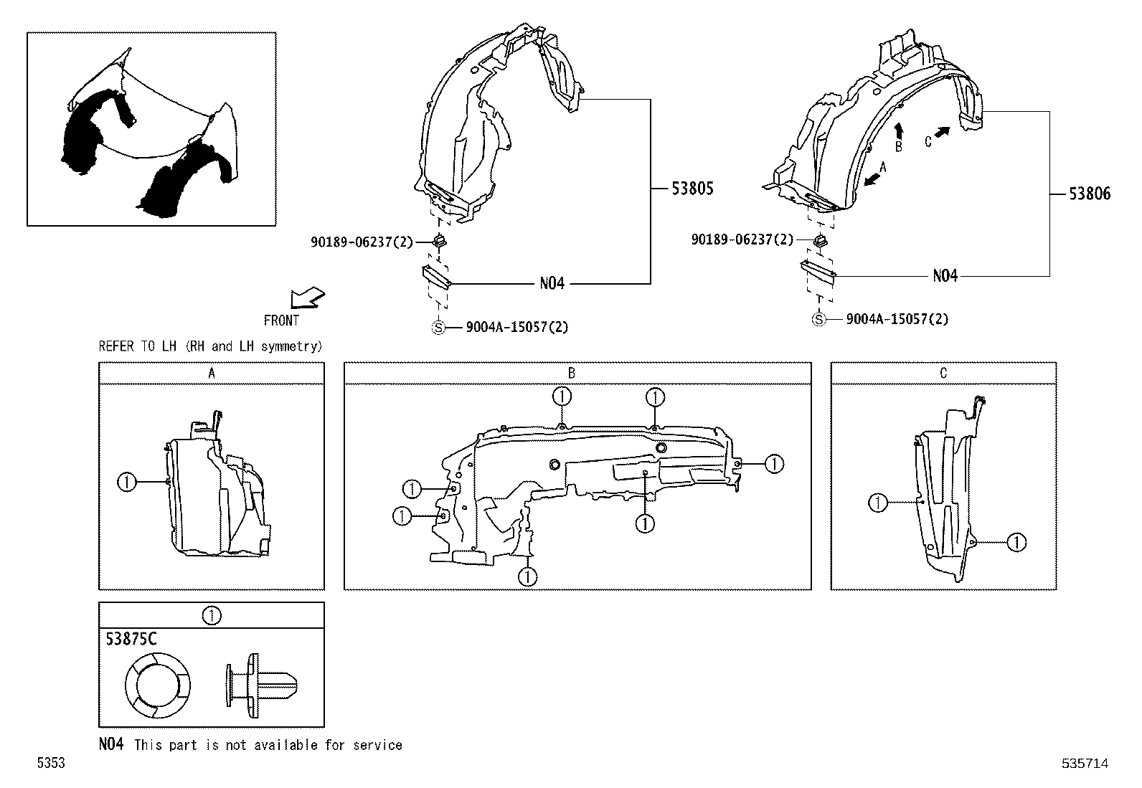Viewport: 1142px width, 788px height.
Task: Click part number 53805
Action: point(692,189)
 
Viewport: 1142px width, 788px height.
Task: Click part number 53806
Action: point(1089,194)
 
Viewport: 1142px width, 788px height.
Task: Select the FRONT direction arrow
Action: point(308,298)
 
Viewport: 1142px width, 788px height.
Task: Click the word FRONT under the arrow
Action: point(281,321)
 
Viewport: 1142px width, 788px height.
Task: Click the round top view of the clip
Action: point(157,686)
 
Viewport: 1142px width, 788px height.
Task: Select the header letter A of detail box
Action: point(212,373)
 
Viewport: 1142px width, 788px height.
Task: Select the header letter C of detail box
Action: point(943,373)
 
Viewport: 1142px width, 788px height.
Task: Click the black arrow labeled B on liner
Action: point(900,130)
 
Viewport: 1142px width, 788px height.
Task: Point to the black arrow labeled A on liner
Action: point(872,178)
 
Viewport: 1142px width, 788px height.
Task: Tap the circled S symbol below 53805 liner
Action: point(438,328)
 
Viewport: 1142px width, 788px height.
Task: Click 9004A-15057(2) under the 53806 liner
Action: point(897,319)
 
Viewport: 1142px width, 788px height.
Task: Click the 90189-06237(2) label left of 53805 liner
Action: point(362,242)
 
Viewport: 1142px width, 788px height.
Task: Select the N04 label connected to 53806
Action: point(945,276)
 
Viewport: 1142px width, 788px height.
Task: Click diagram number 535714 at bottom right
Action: point(1085,764)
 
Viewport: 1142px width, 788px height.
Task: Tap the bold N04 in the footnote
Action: point(111,745)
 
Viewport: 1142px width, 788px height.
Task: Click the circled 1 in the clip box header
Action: point(212,615)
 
